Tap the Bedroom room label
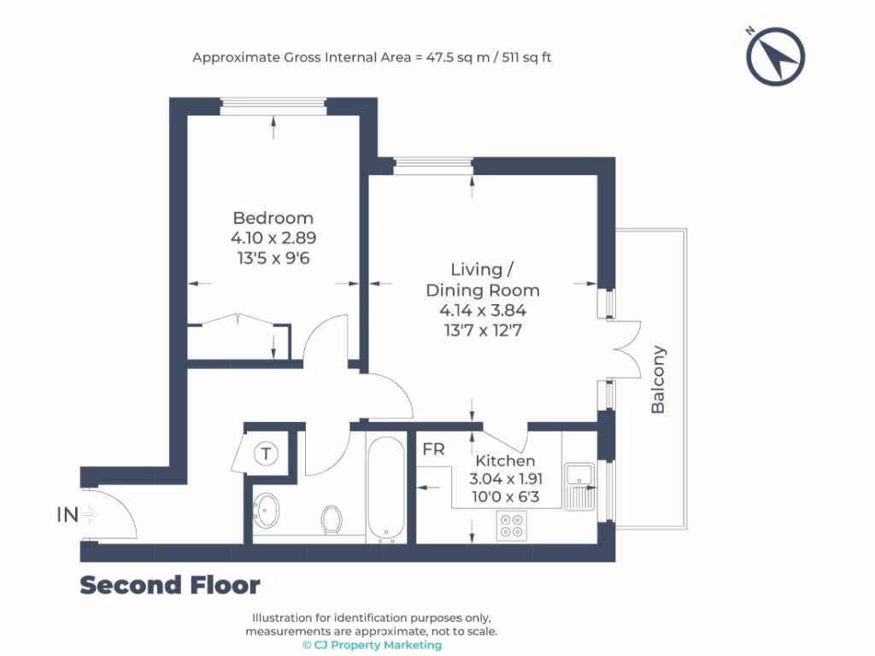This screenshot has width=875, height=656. pos(273,218)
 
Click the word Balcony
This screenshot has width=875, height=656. pos(658,379)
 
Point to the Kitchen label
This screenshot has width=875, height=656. pos(505,461)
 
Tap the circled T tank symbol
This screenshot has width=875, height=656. pos(267,454)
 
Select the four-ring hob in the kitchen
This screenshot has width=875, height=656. pos(512,525)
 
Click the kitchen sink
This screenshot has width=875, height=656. pos(584,485)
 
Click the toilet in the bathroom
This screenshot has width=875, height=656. pos(332,518)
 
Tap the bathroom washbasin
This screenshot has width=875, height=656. pos(269,511)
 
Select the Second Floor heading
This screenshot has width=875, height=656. pos(169,585)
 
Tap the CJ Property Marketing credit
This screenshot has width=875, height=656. pos(371,645)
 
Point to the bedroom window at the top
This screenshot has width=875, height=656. pos(273,106)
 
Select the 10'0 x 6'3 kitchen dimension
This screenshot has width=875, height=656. pos(505,495)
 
